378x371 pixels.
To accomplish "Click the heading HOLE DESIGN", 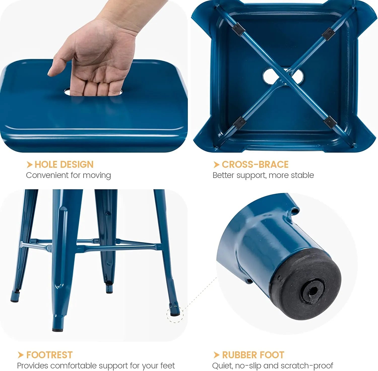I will [x=64, y=165].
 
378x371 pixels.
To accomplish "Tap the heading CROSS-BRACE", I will [x=255, y=165].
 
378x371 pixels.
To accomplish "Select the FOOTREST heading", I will [x=49, y=355].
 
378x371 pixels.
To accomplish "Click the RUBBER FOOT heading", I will [x=253, y=355].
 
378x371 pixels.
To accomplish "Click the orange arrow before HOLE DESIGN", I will [x=29, y=165].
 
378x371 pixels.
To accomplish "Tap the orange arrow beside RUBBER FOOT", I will [x=216, y=355].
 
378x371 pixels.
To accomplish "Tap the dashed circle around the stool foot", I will [x=175, y=314].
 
